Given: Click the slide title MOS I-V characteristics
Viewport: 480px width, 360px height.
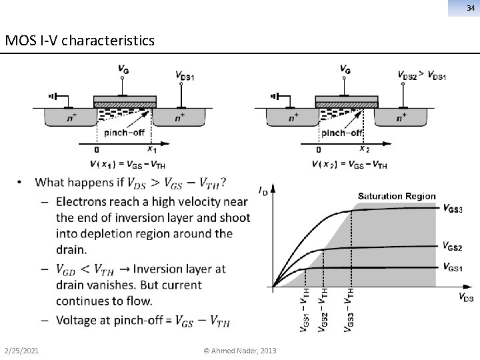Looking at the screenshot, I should [x=79, y=41].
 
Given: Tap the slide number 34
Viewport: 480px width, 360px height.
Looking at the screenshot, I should [x=469, y=8].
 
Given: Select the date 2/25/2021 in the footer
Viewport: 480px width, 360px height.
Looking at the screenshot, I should [x=21, y=351].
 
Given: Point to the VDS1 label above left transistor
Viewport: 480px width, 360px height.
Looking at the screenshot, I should [x=185, y=76].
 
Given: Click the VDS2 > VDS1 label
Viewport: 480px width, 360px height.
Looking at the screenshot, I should [x=421, y=75].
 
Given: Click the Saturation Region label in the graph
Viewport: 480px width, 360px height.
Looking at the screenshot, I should [x=397, y=196].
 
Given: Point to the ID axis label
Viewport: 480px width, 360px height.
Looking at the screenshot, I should [x=263, y=191].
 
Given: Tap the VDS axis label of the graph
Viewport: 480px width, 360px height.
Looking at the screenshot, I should [x=466, y=297].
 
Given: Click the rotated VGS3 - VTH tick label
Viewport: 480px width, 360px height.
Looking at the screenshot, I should [x=349, y=309].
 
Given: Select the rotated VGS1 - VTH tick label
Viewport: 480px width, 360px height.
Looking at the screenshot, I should [x=304, y=309].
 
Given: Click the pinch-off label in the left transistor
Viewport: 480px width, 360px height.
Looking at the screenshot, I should [x=124, y=132].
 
